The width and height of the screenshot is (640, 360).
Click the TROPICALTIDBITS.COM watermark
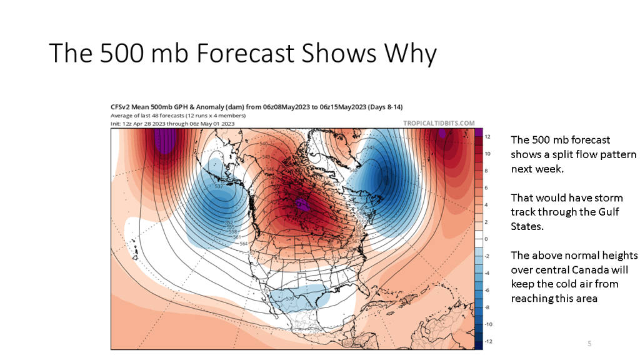point(439,124)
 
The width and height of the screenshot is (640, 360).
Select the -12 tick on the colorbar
point(489,341)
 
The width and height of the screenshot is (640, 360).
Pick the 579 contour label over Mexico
point(289,299)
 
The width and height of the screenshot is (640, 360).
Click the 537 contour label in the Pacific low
point(219,187)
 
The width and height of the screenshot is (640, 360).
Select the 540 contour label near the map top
point(263,144)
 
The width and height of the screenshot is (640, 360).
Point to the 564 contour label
point(244,243)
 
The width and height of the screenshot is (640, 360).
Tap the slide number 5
point(589,344)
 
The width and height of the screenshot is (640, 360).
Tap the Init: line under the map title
point(172,123)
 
